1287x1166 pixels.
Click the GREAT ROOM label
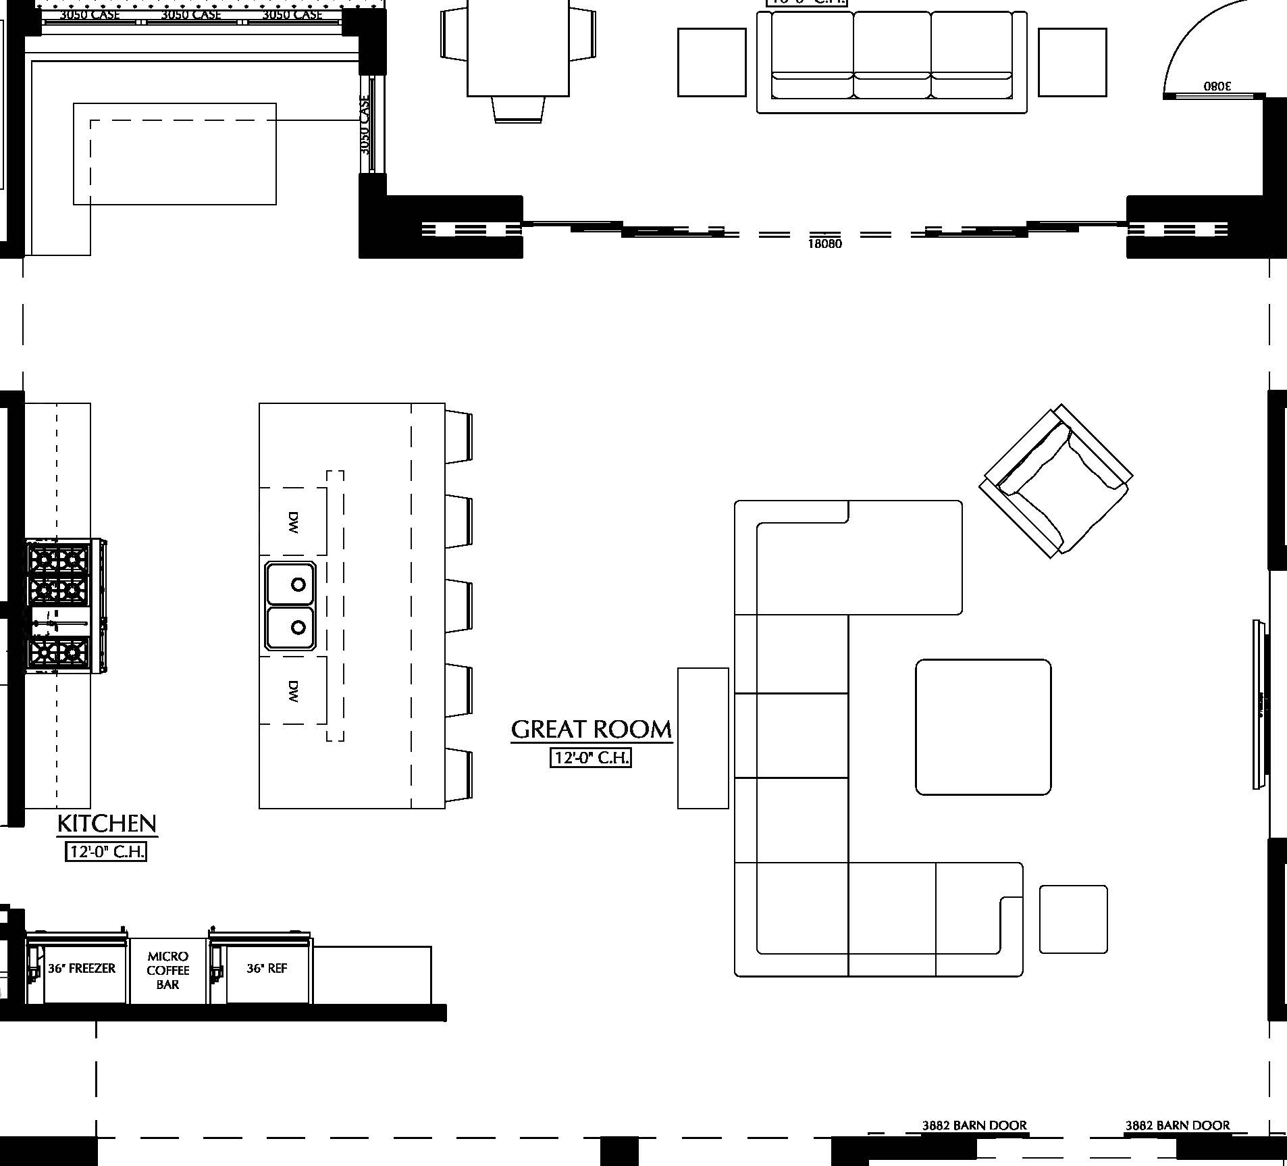pyautogui.click(x=591, y=730)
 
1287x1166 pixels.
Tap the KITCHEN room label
pyautogui.click(x=107, y=823)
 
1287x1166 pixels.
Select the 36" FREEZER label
pyautogui.click(x=82, y=969)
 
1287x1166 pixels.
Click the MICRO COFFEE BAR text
pyautogui.click(x=167, y=971)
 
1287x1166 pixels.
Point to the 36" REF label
pyautogui.click(x=267, y=969)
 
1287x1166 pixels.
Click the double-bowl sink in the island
pyautogui.click(x=290, y=606)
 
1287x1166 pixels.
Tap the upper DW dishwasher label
pyautogui.click(x=293, y=522)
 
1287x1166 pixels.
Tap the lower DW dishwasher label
pyautogui.click(x=293, y=691)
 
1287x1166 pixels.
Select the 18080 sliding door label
pyautogui.click(x=824, y=244)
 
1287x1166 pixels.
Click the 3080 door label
pyautogui.click(x=1217, y=86)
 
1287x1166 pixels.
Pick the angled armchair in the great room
pyautogui.click(x=1055, y=482)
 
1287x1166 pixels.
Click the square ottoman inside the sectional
pyautogui.click(x=982, y=727)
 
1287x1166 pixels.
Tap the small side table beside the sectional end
pyautogui.click(x=1073, y=919)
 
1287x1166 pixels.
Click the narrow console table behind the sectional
pyautogui.click(x=703, y=738)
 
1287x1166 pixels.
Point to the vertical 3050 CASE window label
pyautogui.click(x=365, y=125)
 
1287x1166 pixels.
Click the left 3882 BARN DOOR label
pyautogui.click(x=974, y=1125)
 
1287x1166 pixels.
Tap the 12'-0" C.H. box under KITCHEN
pyautogui.click(x=105, y=852)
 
